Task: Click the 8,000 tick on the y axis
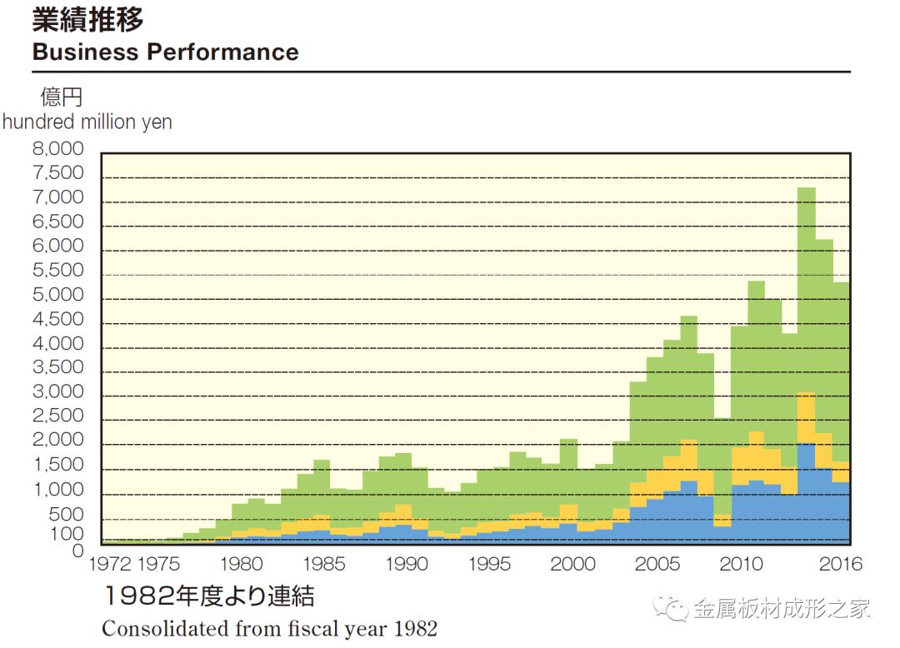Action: (57, 150)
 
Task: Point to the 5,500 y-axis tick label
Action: (57, 271)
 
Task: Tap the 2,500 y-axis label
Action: (57, 416)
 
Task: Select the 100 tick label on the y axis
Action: (67, 533)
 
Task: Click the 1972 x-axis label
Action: (110, 564)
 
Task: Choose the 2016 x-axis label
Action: (841, 564)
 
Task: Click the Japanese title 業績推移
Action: (87, 20)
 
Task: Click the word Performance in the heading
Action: (222, 52)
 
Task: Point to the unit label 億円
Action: (62, 97)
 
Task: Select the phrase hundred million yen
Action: (87, 122)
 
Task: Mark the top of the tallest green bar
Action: (806, 188)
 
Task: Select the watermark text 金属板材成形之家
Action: (782, 608)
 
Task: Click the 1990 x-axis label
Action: (407, 564)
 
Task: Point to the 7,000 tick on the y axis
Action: (57, 198)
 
